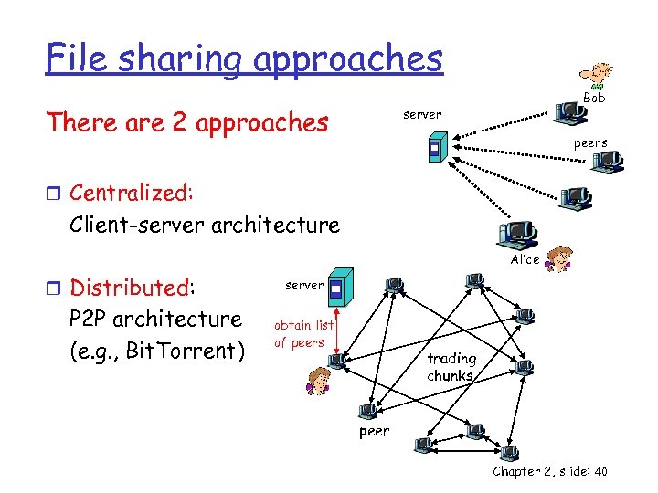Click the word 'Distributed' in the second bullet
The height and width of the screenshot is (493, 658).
(130, 288)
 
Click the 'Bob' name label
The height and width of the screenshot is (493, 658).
(594, 98)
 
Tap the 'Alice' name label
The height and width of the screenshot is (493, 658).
(525, 260)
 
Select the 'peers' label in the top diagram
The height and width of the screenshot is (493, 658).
(590, 143)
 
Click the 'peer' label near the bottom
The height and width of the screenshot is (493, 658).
(374, 431)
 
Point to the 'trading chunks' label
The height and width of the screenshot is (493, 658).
(451, 367)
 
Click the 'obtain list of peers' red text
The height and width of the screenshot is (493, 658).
(303, 334)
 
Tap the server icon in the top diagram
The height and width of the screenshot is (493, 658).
(437, 148)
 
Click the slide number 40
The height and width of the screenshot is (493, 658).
(600, 471)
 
